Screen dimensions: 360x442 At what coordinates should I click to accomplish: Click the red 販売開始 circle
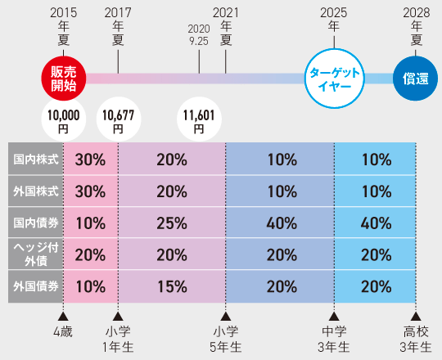point(63,78)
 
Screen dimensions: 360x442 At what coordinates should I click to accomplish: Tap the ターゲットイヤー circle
point(334,78)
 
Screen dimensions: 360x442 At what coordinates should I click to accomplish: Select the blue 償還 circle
point(416,78)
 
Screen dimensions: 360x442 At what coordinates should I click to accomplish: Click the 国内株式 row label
point(35,160)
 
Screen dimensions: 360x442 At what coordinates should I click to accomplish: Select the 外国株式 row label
point(35,191)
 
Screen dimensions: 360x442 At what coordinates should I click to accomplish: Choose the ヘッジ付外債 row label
point(35,255)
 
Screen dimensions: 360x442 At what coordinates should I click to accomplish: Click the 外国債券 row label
point(35,287)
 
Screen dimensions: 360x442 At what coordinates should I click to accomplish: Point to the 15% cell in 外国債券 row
point(171,287)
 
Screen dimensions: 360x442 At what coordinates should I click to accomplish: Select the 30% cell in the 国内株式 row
point(90,160)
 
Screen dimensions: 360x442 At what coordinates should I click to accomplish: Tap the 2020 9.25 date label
point(200,32)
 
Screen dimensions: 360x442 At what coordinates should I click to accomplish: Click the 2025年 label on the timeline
point(334,19)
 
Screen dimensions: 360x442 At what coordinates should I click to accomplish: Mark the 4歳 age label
point(63,331)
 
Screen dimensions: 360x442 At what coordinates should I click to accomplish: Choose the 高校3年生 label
point(416,339)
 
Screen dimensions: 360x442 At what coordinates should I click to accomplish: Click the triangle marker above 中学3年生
point(334,315)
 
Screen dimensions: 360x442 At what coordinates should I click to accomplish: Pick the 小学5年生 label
point(226,339)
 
